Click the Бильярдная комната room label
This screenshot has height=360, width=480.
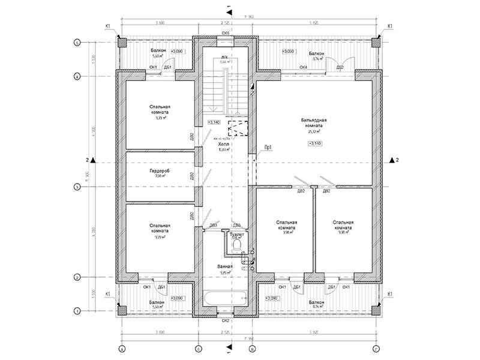point(314,124)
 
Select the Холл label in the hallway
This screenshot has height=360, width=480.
point(224,146)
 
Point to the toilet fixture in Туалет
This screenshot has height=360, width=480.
point(238,246)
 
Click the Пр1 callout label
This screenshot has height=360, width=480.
point(269,147)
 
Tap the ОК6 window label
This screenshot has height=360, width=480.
point(226,32)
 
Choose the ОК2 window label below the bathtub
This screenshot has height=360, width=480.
point(226,320)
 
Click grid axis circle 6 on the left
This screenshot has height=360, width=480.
point(77,43)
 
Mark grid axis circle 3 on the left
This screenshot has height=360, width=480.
point(77,187)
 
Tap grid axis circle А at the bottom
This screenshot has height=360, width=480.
point(121,349)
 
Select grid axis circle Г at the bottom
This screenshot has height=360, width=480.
point(376,349)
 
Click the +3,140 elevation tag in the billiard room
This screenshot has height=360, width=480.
point(315,143)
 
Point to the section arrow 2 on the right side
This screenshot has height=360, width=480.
point(394,160)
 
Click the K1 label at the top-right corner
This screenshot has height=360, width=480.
point(389,26)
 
